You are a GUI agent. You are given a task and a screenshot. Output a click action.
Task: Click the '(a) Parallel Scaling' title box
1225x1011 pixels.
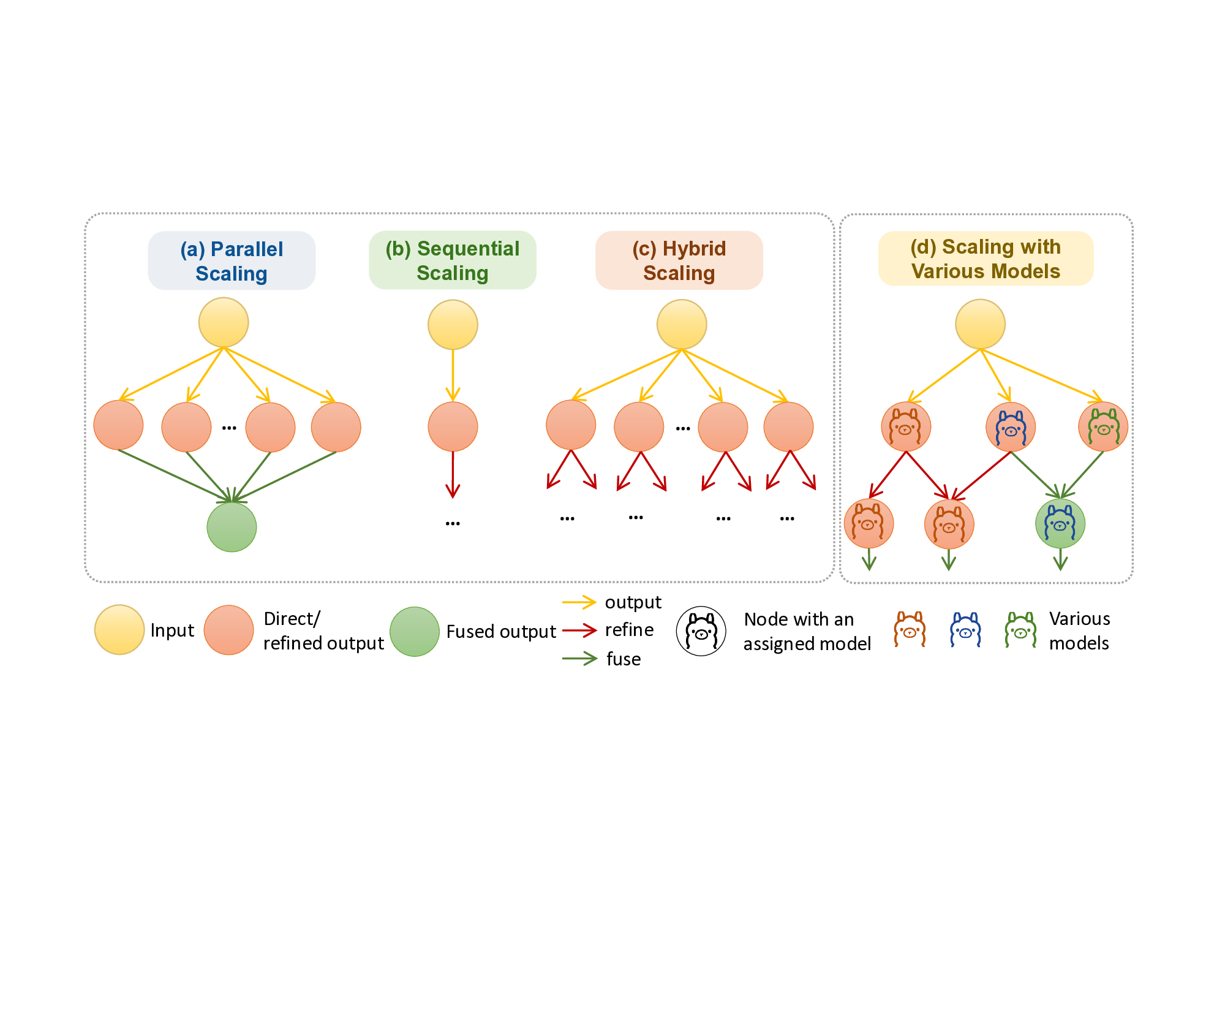(x=232, y=260)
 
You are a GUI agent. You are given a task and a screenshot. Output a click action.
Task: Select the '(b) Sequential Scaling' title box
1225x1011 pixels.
(x=452, y=260)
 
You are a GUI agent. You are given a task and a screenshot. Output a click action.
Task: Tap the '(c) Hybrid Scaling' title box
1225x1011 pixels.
(x=679, y=260)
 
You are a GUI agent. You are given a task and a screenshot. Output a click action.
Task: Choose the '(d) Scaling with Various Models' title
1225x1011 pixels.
(x=986, y=259)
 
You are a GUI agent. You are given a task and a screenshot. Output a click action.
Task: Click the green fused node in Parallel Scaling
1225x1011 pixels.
(x=232, y=527)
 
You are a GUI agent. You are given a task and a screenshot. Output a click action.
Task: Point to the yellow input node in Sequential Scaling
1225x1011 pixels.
(x=453, y=324)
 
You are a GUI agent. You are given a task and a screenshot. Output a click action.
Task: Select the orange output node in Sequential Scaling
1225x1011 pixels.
(x=453, y=426)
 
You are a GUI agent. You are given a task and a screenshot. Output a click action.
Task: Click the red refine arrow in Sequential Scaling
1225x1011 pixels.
(x=453, y=475)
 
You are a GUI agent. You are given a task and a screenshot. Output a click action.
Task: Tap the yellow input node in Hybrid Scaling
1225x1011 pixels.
(x=682, y=324)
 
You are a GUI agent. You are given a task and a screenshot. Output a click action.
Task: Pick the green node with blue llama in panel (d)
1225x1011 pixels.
(x=1060, y=524)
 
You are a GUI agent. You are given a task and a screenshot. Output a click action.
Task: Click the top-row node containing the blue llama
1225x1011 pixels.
(x=1011, y=427)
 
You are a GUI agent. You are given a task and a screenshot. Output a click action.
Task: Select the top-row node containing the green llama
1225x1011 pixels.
(x=1103, y=427)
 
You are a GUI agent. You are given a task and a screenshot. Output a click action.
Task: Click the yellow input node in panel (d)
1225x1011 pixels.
(x=980, y=324)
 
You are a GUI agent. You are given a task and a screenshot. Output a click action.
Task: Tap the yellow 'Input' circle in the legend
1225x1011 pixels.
(x=119, y=630)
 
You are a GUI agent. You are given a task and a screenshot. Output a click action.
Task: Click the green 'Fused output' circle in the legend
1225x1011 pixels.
(x=415, y=632)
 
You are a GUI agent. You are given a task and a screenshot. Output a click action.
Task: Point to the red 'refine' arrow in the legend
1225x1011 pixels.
(x=579, y=630)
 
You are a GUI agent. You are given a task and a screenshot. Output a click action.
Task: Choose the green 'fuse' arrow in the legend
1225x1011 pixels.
(x=579, y=659)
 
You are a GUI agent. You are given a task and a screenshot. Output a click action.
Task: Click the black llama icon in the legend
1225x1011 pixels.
(x=701, y=631)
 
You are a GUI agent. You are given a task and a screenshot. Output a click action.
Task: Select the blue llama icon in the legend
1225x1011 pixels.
(x=965, y=630)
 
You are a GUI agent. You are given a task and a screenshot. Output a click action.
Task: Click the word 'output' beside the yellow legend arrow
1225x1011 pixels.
(x=633, y=602)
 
